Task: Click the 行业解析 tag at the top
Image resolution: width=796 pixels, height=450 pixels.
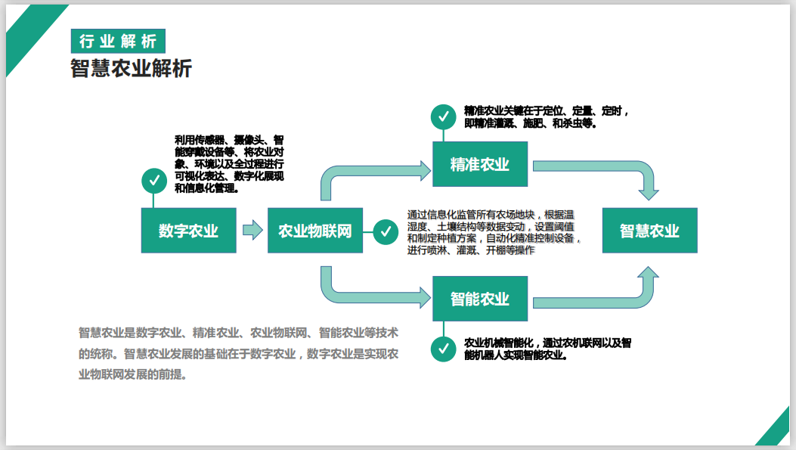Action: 117,41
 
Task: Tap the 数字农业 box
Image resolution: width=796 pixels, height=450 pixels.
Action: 188,231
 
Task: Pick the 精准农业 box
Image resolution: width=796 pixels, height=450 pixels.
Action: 480,164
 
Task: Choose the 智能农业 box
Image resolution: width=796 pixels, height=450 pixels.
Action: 480,299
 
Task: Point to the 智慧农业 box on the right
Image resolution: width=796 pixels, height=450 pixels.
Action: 649,231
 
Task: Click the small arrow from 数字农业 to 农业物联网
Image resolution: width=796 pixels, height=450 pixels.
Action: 252,230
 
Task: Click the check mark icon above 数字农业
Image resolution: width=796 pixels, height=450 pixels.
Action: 154,181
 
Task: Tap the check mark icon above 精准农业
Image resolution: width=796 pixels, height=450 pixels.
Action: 443,116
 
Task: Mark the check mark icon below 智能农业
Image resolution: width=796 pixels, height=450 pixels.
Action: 443,349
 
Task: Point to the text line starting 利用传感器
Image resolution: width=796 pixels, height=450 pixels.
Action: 228,140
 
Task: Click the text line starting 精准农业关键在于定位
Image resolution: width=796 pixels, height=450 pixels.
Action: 546,111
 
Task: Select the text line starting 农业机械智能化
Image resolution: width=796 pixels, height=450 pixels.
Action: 547,343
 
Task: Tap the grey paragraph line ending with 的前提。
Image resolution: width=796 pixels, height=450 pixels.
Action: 132,374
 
